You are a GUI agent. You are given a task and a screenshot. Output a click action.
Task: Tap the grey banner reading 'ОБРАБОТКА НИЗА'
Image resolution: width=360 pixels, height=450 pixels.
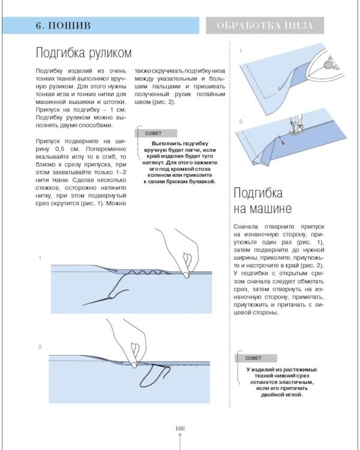coord(264,26)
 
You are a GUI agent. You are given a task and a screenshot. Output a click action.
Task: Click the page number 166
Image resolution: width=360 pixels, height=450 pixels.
coord(179,428)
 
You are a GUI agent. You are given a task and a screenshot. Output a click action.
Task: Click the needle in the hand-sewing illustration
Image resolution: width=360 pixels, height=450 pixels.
coord(102,296)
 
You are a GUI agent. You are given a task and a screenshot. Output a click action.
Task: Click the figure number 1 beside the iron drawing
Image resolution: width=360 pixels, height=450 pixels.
coord(241,52)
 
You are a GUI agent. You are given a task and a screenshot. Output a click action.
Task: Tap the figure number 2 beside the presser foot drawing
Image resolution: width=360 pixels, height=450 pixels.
coord(241,122)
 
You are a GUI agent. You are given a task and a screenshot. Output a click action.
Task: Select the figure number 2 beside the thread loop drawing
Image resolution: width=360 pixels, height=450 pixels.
coord(40,347)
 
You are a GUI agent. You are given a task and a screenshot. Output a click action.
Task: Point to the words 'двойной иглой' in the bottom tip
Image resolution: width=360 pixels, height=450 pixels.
coord(282,395)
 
